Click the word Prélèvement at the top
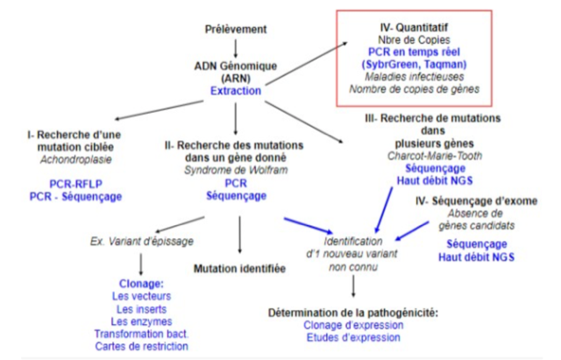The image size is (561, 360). pyautogui.click(x=236, y=29)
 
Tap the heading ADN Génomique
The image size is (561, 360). pyautogui.click(x=236, y=65)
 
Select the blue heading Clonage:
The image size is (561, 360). pyautogui.click(x=140, y=285)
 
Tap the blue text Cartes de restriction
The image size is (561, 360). pyautogui.click(x=140, y=346)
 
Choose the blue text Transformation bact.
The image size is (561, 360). pyautogui.click(x=140, y=334)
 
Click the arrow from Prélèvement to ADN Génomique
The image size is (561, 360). pyautogui.click(x=235, y=46)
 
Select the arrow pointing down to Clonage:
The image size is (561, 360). pyautogui.click(x=141, y=262)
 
